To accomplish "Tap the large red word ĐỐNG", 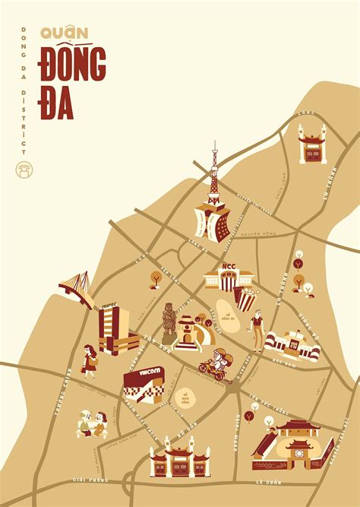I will pyautogui.click(x=74, y=68).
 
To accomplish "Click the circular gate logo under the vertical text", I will pyautogui.click(x=24, y=170).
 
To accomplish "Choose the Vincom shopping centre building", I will pyautogui.click(x=143, y=384).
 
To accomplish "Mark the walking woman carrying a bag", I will pyautogui.click(x=90, y=360).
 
